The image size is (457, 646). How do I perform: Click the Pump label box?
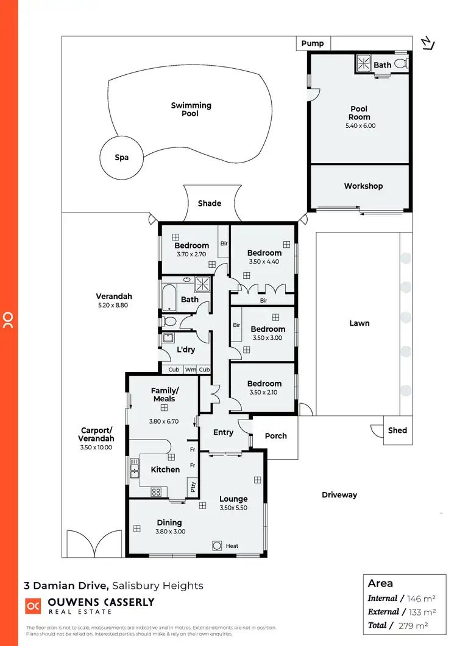313,44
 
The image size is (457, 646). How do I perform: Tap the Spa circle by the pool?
122,157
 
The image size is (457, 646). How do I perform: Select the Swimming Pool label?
191,110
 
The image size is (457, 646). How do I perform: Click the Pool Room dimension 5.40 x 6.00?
360,126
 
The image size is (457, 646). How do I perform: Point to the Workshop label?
363,186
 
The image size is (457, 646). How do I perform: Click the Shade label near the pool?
210,203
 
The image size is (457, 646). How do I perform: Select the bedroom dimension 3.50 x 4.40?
264,262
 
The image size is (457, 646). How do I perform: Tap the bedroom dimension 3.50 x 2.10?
264,393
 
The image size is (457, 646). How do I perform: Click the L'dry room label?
185,351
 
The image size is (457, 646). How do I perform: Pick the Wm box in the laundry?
191,370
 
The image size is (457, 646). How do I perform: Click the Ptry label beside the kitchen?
193,486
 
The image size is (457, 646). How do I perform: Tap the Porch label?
276,436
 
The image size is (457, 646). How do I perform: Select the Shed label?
397,430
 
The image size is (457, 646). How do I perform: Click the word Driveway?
339,495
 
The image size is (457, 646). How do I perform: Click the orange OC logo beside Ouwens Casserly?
33,606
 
